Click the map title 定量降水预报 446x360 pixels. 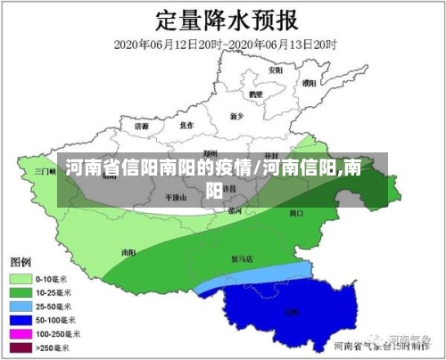coord(222,19)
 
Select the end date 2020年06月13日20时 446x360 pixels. coord(282,44)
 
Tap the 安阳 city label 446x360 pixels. coord(276,70)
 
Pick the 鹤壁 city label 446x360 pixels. coord(256,94)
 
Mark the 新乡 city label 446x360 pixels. coord(236,116)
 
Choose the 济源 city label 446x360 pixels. coord(142,127)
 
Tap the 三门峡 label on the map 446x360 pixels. coord(45,170)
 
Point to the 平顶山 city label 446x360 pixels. coord(176,198)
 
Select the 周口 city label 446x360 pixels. coord(297,214)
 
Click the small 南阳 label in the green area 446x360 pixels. coord(128,252)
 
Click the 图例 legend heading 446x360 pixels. coord(21,262)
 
